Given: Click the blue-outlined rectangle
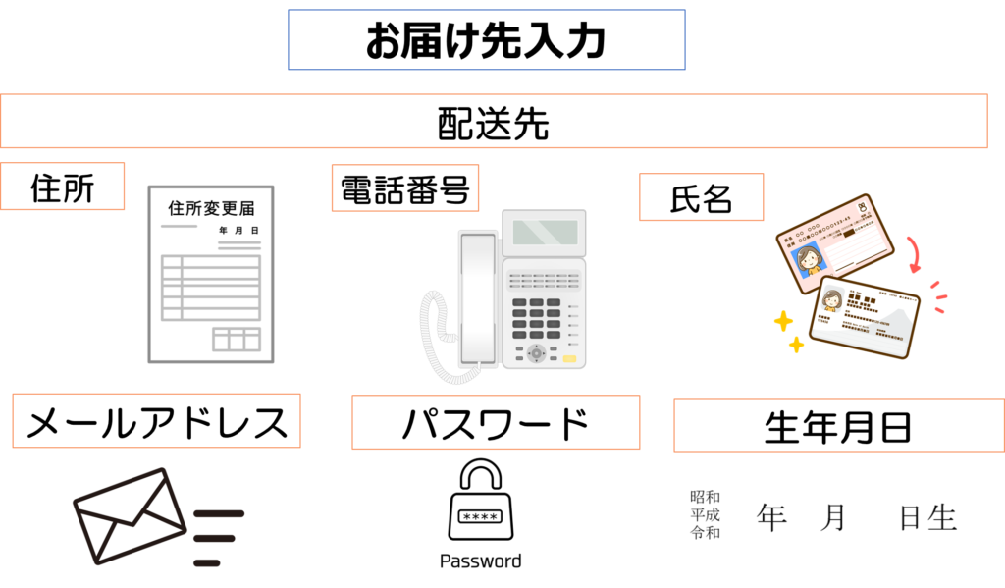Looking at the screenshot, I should pos(486,40).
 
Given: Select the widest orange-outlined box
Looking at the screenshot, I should pos(494,121).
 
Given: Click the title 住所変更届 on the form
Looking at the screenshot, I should pos(211,208).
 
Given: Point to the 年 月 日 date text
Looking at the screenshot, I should pos(238,231).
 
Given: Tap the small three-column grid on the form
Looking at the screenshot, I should pos(237,339).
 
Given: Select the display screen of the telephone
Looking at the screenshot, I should pos(544,233).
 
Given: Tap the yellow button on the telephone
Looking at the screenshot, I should pos(569,359).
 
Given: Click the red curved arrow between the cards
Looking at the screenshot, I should pos(915,253).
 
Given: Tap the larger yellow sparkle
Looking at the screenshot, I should pos(783,321).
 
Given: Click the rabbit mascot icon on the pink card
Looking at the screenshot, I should pos(863,208).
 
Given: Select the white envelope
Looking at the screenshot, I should pos(130,515).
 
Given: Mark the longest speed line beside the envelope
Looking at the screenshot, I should pos(219,513).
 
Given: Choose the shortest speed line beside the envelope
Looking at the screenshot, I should pos(206,563).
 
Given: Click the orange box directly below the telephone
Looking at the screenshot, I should pos(496,422).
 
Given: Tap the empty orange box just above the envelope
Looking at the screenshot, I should pos(156,420).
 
